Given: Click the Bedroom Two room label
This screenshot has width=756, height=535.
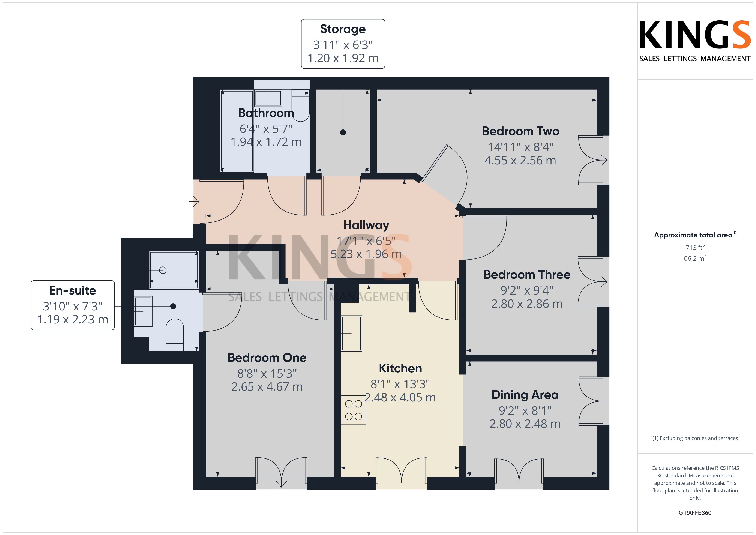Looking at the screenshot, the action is tap(520, 131).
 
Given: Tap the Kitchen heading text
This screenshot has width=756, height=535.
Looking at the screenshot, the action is tap(400, 368).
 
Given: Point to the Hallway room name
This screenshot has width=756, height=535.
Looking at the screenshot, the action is tap(366, 225).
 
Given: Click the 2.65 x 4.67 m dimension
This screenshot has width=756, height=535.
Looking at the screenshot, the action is tap(267, 386).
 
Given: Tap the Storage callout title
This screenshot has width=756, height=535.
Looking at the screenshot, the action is tap(343, 29).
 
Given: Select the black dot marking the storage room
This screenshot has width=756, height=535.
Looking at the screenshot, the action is tap(343, 132).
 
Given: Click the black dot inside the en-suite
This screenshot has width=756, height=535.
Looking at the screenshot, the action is tap(173, 306).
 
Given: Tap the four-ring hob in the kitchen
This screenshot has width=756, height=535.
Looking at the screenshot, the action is tap(354, 410).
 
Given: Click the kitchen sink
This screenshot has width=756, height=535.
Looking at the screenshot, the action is tap(352, 333).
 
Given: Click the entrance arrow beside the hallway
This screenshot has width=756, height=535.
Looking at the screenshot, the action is tap(194, 201).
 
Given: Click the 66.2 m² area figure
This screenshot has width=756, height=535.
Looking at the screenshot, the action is tap(695, 258).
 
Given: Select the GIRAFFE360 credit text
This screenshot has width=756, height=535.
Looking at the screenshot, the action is tap(695, 513).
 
